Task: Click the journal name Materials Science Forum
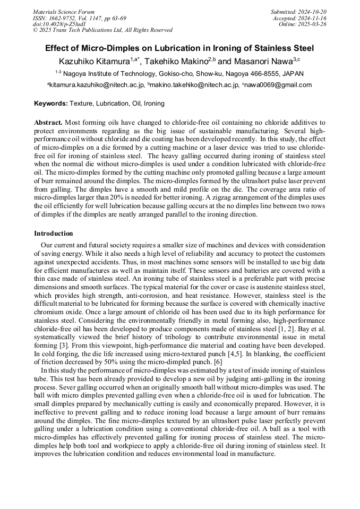tap(64, 11)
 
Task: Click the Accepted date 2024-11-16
tap(314, 18)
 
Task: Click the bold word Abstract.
tap(48, 122)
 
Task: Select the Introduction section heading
tap(54, 234)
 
